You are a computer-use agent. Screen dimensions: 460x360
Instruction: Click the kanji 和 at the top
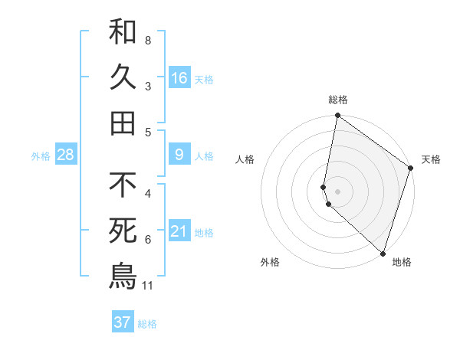(x=123, y=31)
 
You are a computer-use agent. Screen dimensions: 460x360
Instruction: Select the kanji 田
(x=123, y=122)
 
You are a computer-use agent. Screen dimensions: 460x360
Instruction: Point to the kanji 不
(x=123, y=185)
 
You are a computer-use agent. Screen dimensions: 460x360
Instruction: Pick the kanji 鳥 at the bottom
(x=123, y=276)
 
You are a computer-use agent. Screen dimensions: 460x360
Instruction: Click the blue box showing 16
(x=179, y=78)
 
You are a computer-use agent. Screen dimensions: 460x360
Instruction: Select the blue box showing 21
(x=179, y=231)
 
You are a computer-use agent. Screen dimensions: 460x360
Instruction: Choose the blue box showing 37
(x=122, y=322)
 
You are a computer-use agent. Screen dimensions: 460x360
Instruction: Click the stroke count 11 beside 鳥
(x=148, y=286)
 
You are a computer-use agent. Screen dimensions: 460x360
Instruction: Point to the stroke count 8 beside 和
(x=148, y=41)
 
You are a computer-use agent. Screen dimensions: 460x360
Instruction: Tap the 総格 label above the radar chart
(x=338, y=100)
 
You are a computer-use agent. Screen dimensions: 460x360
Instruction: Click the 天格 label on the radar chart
(x=431, y=159)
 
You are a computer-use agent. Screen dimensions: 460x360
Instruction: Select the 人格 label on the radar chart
(x=245, y=159)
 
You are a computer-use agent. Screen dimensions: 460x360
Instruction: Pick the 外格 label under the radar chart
(x=270, y=262)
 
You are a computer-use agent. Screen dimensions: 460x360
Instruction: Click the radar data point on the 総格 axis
(x=337, y=116)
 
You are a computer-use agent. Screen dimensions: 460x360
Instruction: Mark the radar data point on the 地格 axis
(x=383, y=253)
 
